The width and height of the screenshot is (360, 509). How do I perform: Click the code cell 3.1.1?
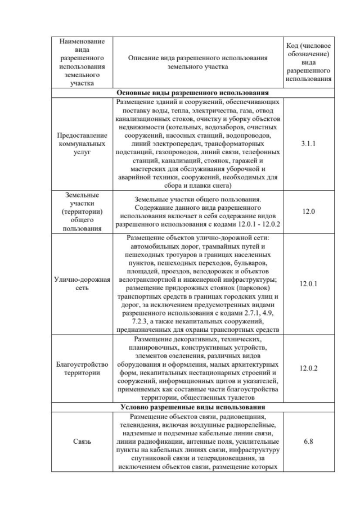click(x=308, y=144)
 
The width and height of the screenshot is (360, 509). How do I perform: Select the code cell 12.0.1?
click(x=308, y=283)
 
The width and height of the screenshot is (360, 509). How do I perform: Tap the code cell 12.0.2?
click(x=308, y=368)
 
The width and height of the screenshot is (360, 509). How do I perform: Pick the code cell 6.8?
click(x=308, y=442)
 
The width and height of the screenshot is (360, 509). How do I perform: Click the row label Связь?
click(x=82, y=442)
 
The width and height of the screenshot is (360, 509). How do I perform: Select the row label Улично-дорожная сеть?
click(x=82, y=283)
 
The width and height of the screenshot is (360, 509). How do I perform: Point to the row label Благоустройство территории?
click(x=82, y=368)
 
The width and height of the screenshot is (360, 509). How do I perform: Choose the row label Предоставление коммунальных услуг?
click(x=82, y=144)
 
